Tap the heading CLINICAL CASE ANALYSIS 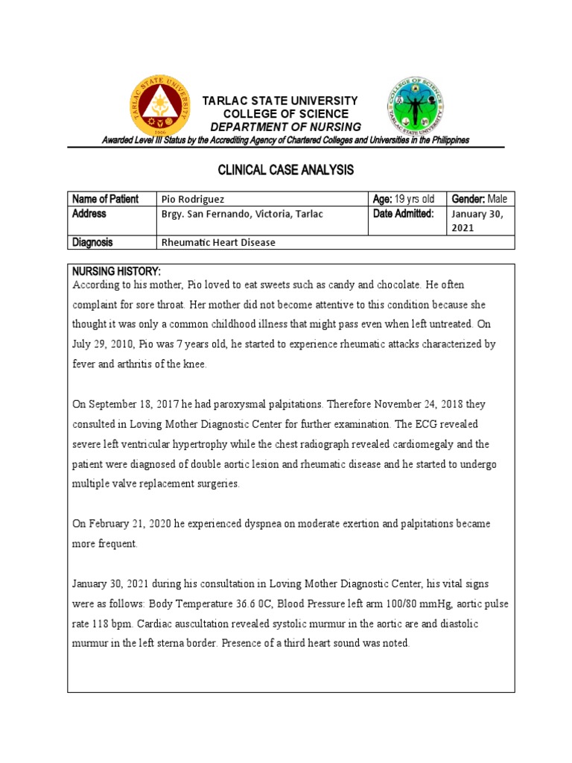pos(285,171)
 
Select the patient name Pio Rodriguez pos(191,199)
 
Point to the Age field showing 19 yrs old pos(404,199)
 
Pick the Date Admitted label pos(403,214)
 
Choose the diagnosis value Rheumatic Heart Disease pos(218,242)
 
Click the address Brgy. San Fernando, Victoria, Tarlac pos(243,214)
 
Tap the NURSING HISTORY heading pos(115,270)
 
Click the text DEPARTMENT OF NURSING pos(285,127)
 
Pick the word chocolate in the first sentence pos(385,285)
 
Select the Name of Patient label pos(105,199)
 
